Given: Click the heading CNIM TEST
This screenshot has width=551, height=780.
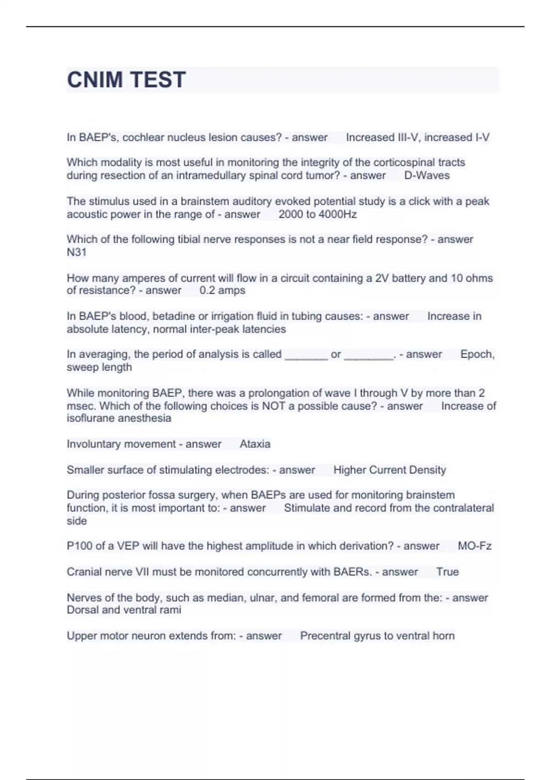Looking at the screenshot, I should point(126,80).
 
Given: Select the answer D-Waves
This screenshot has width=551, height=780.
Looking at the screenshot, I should point(427,175).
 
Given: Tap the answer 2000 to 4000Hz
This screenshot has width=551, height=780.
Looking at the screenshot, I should point(317,214).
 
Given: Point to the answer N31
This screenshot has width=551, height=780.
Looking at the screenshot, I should point(76,252).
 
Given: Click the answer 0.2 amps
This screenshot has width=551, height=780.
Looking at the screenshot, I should point(222,290).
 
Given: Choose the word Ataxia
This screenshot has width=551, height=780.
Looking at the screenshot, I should point(255,444).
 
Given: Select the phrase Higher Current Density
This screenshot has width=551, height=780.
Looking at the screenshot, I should point(389,470).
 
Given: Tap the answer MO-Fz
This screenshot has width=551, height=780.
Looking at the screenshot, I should point(474,546).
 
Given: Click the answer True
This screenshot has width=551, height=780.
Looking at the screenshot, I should point(447,572).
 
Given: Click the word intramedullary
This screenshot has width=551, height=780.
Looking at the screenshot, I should point(211,175).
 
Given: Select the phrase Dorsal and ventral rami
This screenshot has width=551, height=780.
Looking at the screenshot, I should point(124,610).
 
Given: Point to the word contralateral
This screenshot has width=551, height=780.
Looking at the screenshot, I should point(463,508).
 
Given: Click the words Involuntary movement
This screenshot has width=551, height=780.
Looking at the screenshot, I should point(121,444).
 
